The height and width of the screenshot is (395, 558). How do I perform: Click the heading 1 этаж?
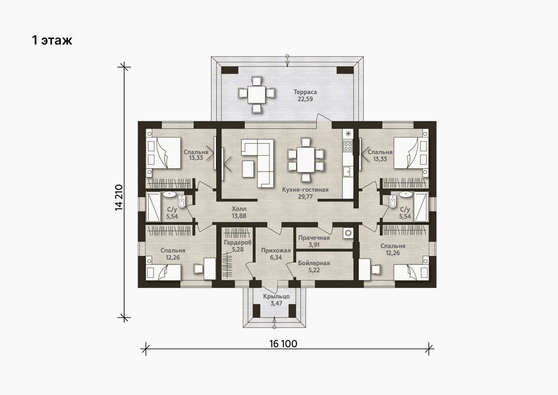(x=52, y=40)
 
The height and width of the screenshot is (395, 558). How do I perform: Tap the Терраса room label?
(x=305, y=92)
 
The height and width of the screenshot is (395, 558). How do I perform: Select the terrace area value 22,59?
(x=305, y=99)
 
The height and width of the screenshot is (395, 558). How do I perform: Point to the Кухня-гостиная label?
(x=305, y=190)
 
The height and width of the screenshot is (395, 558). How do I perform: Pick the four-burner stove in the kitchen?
(x=348, y=146)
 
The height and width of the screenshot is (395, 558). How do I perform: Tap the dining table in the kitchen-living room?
(x=305, y=160)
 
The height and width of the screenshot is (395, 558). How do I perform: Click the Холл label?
(x=239, y=209)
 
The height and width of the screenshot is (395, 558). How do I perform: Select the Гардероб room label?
(x=238, y=243)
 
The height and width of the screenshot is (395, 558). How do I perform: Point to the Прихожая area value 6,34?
(x=276, y=257)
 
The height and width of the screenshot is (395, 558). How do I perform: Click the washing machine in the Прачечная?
(x=348, y=233)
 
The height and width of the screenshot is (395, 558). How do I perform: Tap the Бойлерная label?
(x=314, y=263)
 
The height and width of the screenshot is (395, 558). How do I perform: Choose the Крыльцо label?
(x=276, y=296)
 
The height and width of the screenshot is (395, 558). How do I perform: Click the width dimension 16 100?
(x=283, y=344)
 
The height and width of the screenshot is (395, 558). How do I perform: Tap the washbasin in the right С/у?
(x=406, y=194)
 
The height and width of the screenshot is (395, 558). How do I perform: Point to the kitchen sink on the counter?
(x=348, y=171)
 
